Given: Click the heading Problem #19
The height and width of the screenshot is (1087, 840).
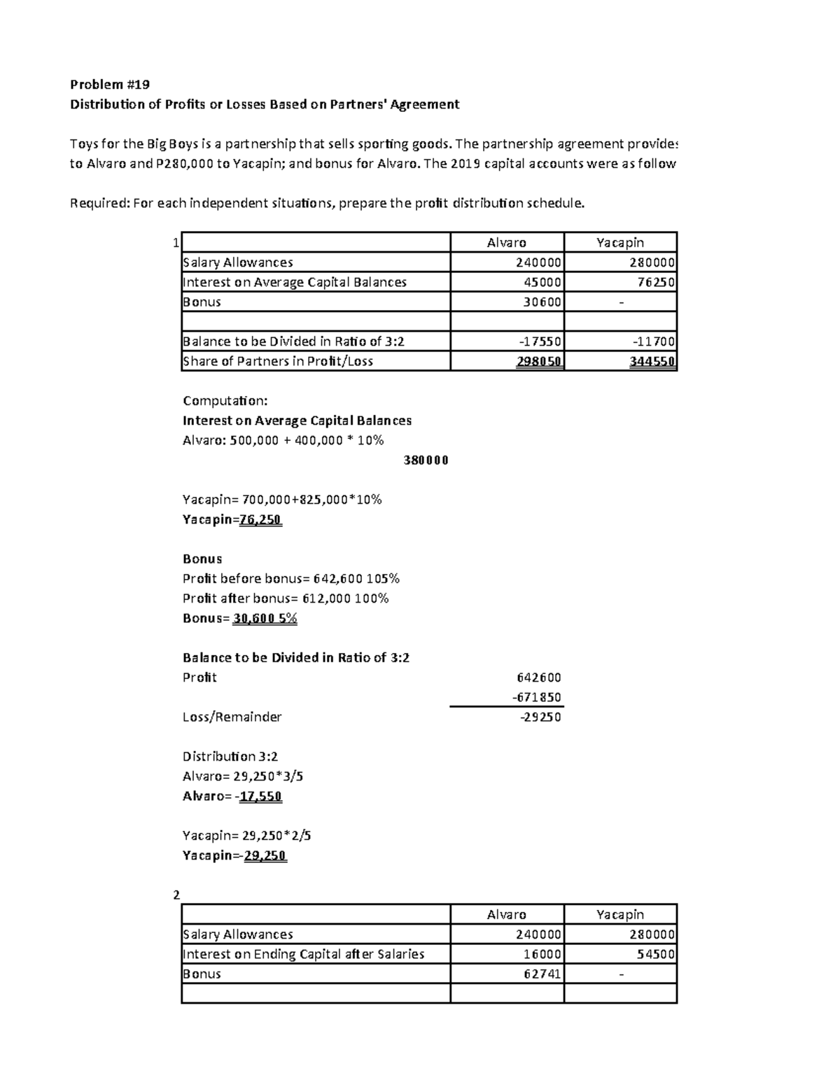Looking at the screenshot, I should pyautogui.click(x=109, y=85).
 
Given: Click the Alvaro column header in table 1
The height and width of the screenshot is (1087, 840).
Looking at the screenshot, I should pyautogui.click(x=506, y=242).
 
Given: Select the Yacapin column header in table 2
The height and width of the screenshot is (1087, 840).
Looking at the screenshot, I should pyautogui.click(x=619, y=914).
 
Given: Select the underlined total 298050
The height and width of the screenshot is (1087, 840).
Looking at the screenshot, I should pyautogui.click(x=539, y=361).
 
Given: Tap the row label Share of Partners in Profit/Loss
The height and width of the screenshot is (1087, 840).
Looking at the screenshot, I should pyautogui.click(x=277, y=361).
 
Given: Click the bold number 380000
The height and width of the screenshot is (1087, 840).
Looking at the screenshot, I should pyautogui.click(x=426, y=461).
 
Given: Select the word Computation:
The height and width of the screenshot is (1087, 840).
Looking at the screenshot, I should pyautogui.click(x=225, y=401).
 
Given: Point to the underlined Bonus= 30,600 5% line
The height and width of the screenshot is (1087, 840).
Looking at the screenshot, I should pyautogui.click(x=240, y=618).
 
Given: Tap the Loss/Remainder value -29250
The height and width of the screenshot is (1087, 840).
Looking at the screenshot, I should pyautogui.click(x=540, y=717).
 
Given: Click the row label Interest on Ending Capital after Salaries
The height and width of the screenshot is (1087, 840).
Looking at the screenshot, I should pyautogui.click(x=303, y=954).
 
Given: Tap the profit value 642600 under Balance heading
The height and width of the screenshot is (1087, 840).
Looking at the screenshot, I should pyautogui.click(x=538, y=678).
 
